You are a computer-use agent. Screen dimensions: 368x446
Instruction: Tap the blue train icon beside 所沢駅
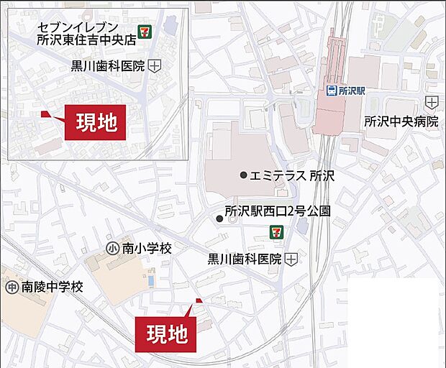[332, 91]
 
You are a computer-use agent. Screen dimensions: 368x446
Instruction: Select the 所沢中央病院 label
[401, 121]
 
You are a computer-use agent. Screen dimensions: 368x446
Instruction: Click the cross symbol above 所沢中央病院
[431, 101]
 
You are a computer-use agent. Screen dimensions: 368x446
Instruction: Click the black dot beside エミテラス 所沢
[244, 175]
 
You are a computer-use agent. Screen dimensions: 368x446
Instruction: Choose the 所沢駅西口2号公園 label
[278, 211]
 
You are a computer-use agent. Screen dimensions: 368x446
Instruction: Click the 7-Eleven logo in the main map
[276, 231]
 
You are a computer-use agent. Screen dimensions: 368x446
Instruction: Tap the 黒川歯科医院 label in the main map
[244, 259]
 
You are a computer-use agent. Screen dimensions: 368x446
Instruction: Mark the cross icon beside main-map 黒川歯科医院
[291, 259]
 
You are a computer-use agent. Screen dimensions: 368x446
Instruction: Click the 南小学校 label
[147, 249]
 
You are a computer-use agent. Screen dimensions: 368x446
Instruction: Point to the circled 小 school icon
[112, 249]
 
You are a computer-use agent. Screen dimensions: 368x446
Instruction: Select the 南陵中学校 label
[52, 287]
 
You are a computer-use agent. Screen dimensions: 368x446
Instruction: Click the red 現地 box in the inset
[96, 122]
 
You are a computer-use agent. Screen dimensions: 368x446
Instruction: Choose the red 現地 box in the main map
[167, 333]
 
